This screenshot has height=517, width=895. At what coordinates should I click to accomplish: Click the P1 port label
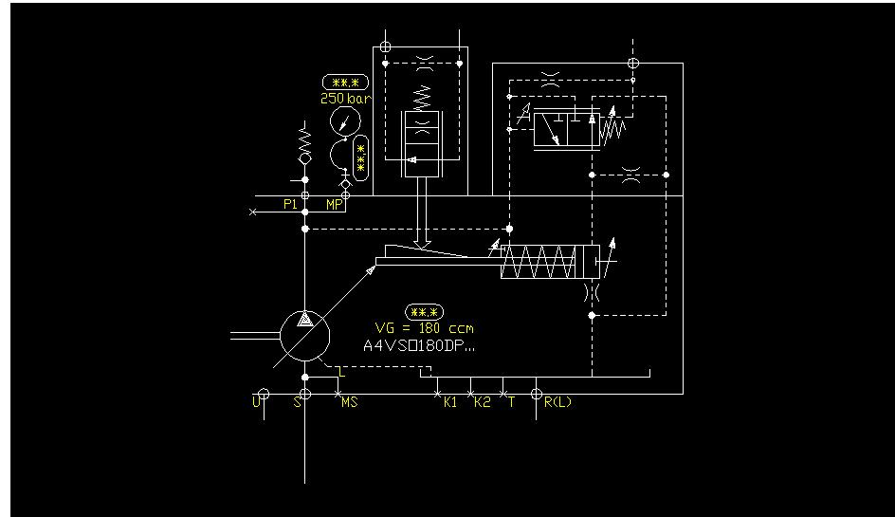click(x=290, y=204)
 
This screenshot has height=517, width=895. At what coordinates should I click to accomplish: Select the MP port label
click(x=334, y=204)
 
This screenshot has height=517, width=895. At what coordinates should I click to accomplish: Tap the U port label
click(x=255, y=402)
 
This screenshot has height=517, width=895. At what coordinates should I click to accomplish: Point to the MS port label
click(x=349, y=402)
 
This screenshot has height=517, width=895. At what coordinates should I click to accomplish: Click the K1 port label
click(x=450, y=402)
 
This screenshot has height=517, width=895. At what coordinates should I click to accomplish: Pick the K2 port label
click(x=482, y=402)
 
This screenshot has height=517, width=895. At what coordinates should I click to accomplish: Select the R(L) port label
click(x=557, y=402)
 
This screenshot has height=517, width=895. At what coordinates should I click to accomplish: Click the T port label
click(x=511, y=402)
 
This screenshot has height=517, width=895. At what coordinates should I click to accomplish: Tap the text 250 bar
click(x=346, y=98)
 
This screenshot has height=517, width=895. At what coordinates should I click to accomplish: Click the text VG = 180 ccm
click(x=424, y=328)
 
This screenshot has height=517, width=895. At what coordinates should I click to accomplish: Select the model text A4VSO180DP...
click(x=419, y=345)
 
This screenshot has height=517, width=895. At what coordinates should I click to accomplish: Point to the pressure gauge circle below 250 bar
click(x=344, y=121)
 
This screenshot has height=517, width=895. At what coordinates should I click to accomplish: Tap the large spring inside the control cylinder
click(x=538, y=261)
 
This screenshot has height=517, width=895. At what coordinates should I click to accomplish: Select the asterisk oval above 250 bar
click(x=345, y=83)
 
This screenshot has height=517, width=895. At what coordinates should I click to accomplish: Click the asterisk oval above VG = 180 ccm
click(x=424, y=312)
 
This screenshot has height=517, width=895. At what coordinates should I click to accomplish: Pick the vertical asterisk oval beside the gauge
click(x=361, y=157)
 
